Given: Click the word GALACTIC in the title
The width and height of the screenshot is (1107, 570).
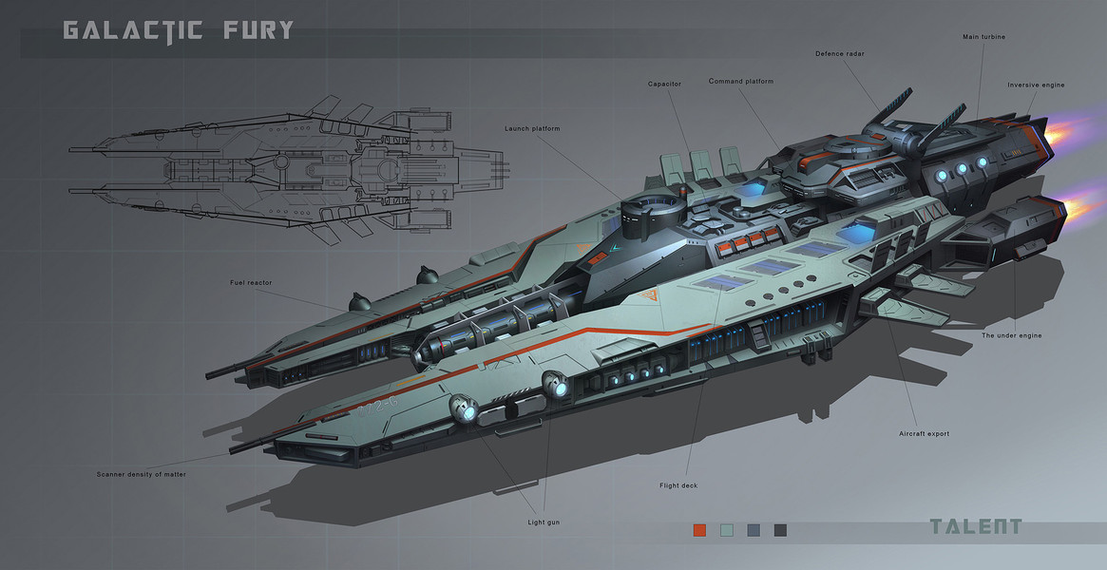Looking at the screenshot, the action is coord(133,31).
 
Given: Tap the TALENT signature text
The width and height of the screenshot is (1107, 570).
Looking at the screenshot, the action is coord(976,527).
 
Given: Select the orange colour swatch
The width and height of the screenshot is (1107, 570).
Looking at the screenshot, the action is coord(700,529).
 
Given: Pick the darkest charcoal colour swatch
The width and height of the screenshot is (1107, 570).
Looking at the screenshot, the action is coord(780,529).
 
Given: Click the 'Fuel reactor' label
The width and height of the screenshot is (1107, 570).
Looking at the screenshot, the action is coord(250,282).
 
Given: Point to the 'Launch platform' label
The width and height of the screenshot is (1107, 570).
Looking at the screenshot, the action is coord(533,128).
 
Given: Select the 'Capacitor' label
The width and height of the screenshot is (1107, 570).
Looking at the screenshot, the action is coord(664,85).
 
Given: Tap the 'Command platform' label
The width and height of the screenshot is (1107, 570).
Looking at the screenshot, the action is coord(741,82).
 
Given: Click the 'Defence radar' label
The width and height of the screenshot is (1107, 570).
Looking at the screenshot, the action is coord(840,53).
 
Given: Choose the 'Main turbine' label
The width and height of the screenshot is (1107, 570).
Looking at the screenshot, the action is coord(983,37).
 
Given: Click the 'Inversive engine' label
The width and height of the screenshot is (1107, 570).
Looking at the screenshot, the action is coord(1036,85).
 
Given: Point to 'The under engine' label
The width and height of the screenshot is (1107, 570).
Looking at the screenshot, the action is coord(1012,335).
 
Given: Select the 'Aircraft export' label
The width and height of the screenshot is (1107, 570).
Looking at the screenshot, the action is coord(924,433).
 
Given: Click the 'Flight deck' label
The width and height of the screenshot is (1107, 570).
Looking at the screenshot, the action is coord(678,485).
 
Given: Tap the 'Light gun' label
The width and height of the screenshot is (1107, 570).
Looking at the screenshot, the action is coord(544,522).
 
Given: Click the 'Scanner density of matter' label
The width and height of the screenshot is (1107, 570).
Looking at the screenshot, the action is coord(142,473).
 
